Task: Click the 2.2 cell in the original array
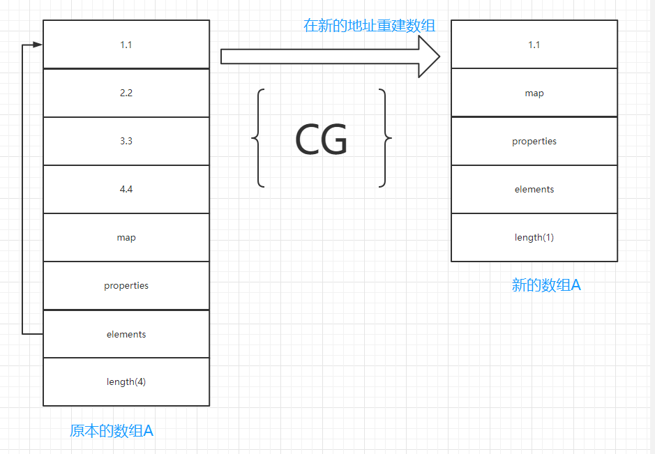tap(126, 93)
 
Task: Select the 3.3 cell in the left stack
tap(126, 141)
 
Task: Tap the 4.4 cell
tap(126, 189)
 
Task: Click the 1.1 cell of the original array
tap(126, 45)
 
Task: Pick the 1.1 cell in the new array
tap(534, 45)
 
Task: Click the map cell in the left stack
tap(126, 237)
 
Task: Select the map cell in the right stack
tap(534, 93)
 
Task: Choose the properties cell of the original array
tap(126, 285)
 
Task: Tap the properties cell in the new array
tap(534, 141)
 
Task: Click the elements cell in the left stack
tap(126, 334)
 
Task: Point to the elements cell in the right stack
tap(534, 189)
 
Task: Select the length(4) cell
tap(126, 381)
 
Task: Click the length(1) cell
tap(534, 237)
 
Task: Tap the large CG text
tap(321, 140)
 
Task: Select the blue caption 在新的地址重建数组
tap(370, 26)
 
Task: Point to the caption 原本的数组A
tap(112, 430)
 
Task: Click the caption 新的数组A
tap(546, 285)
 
